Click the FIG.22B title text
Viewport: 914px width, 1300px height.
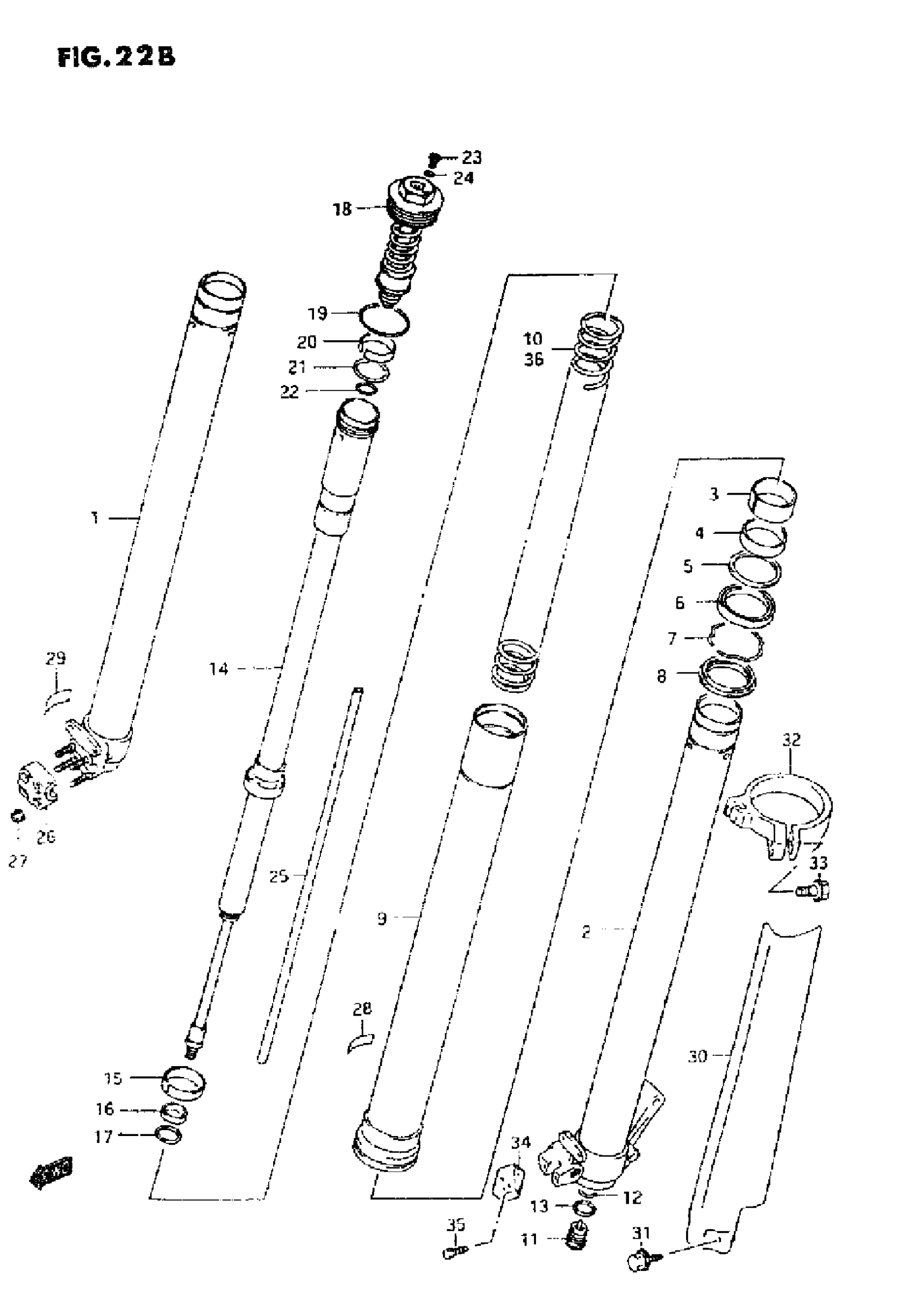[116, 57]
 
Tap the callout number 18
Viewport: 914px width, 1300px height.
[341, 209]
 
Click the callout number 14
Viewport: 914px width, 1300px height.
[219, 669]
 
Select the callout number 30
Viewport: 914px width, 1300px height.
[698, 1056]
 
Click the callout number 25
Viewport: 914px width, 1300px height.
[279, 876]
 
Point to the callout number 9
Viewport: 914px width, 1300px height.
[382, 918]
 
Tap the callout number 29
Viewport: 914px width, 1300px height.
[55, 659]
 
